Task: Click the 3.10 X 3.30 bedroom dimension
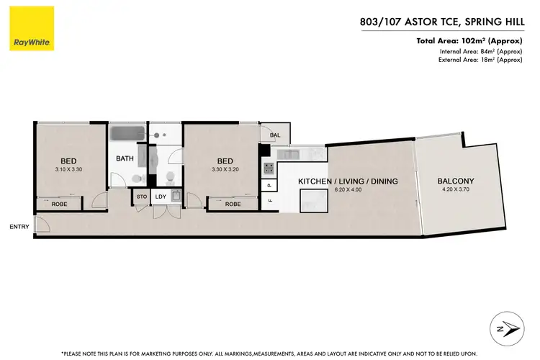coord(68,169)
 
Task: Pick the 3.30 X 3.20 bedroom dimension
coord(225,169)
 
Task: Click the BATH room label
coord(125,158)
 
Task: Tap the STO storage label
coord(142,196)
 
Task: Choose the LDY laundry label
coord(161,196)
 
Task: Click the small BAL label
coord(274,135)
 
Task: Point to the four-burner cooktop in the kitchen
coord(268,168)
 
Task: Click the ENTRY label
coord(19,227)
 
